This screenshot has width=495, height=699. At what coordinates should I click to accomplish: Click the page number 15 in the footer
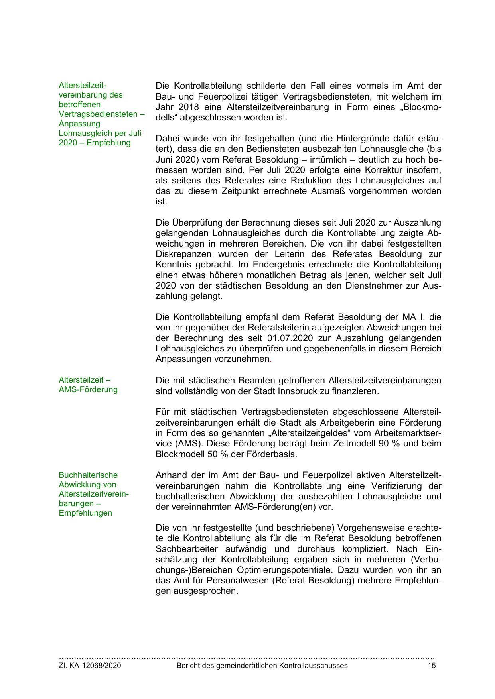pyautogui.click(x=432, y=666)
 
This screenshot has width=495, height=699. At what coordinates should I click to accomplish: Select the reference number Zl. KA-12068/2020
pyautogui.click(x=90, y=666)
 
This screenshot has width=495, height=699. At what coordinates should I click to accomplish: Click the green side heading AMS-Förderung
pyautogui.click(x=88, y=389)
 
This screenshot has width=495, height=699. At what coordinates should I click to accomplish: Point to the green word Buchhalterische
pyautogui.click(x=88, y=475)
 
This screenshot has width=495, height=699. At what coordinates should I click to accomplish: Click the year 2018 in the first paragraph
pyautogui.click(x=189, y=107)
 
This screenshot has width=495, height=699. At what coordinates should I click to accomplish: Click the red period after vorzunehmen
pyautogui.click(x=271, y=359)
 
